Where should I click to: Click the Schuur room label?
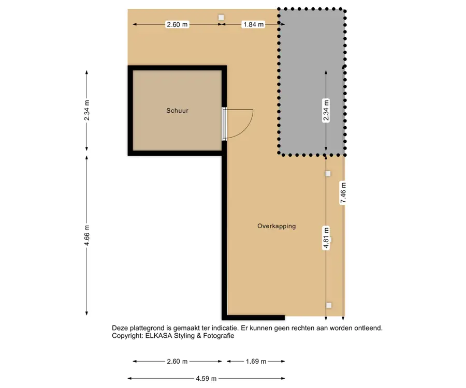(177, 111)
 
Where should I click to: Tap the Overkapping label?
(276, 226)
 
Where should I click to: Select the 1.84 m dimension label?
(254, 24)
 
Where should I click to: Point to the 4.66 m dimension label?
(87, 235)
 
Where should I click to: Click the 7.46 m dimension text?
(343, 193)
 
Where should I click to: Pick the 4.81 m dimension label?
(326, 238)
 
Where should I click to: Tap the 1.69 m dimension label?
(256, 361)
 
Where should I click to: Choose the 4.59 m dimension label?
(206, 379)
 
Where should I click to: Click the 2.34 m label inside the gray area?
(326, 110)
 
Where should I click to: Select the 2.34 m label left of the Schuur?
(87, 110)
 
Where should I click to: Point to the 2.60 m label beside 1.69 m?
(177, 361)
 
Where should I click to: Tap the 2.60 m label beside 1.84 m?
(177, 24)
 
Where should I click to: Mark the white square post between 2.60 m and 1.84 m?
(221, 18)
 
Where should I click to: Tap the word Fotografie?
(219, 336)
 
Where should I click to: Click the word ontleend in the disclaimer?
(368, 328)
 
